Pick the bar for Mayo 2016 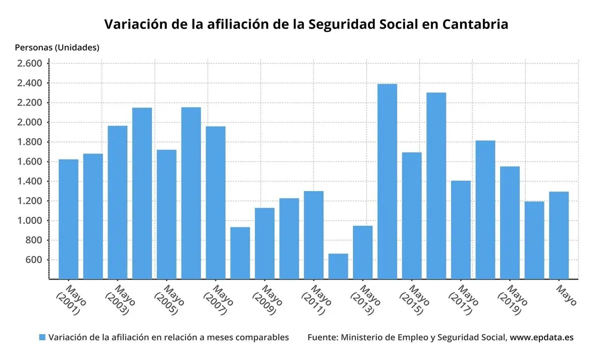(x=436, y=185)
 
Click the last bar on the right (x=558, y=235)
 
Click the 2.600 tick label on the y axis (x=29, y=63)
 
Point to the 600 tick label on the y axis (x=33, y=260)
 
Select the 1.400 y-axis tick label (x=29, y=181)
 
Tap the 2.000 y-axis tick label (x=29, y=122)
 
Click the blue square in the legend (x=42, y=337)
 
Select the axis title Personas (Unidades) (x=57, y=47)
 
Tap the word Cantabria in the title (x=475, y=24)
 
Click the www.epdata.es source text (x=541, y=337)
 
